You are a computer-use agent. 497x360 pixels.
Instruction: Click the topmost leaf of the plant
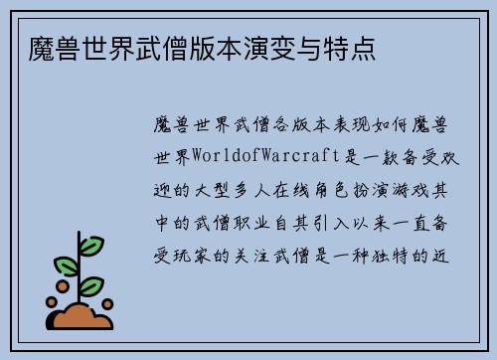click(x=92, y=245)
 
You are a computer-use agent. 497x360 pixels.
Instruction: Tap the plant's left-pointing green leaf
click(x=66, y=266)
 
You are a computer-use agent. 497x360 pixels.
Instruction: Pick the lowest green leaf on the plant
click(x=91, y=285)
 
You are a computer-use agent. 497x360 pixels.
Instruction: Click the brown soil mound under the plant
click(x=80, y=317)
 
